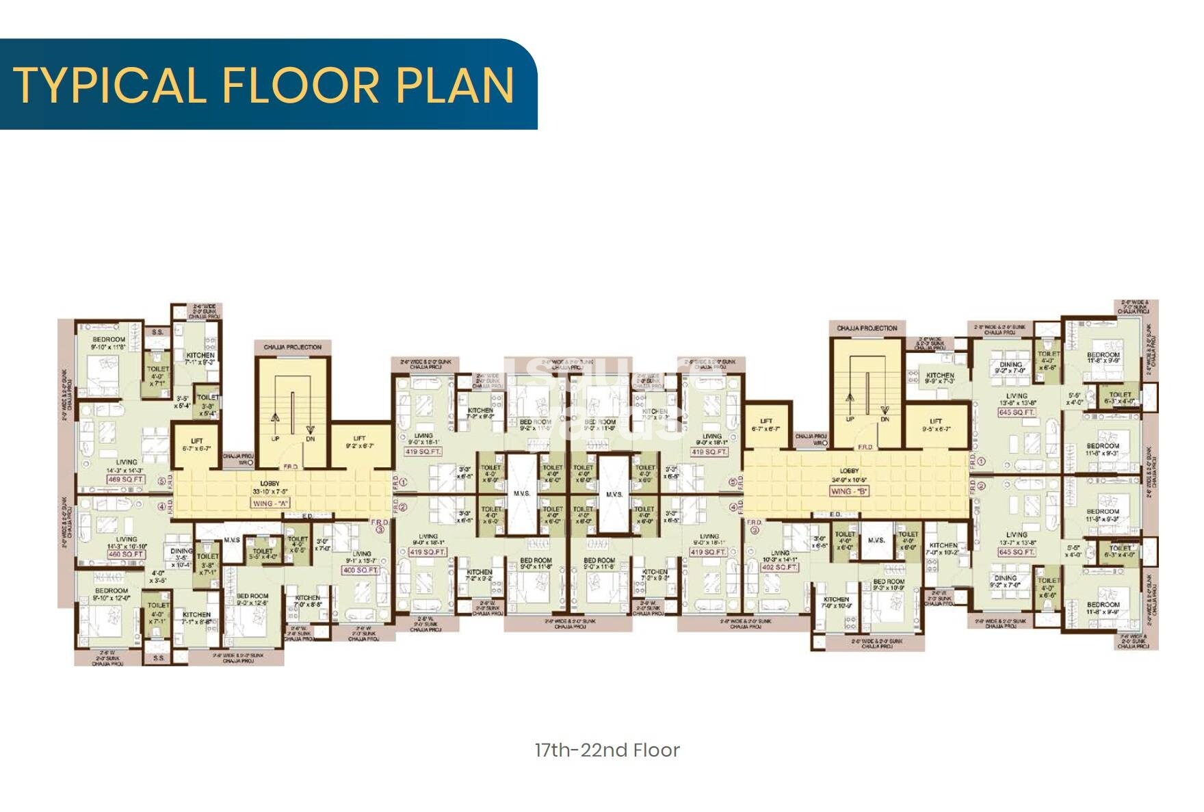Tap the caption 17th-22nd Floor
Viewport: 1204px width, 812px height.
point(607,750)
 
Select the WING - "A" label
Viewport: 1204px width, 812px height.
point(271,503)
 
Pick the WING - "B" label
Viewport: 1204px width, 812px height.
point(849,491)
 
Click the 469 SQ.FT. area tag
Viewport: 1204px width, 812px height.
point(126,480)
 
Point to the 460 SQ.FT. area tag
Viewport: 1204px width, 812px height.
point(126,554)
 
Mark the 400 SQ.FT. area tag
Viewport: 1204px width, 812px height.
point(361,570)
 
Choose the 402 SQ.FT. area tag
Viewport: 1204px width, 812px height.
point(780,567)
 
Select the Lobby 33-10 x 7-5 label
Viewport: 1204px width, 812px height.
point(270,487)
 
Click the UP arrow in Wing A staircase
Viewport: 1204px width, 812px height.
point(275,419)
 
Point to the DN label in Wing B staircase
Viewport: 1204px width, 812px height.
point(885,419)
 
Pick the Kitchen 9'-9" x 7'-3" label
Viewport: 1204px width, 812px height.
point(940,378)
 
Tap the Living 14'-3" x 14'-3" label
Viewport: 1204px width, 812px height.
point(126,466)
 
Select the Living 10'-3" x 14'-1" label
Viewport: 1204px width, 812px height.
point(780,556)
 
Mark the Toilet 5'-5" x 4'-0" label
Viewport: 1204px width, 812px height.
point(263,553)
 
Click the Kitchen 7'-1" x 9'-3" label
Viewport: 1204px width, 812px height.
point(200,358)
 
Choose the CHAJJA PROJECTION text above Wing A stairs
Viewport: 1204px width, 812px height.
point(292,347)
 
